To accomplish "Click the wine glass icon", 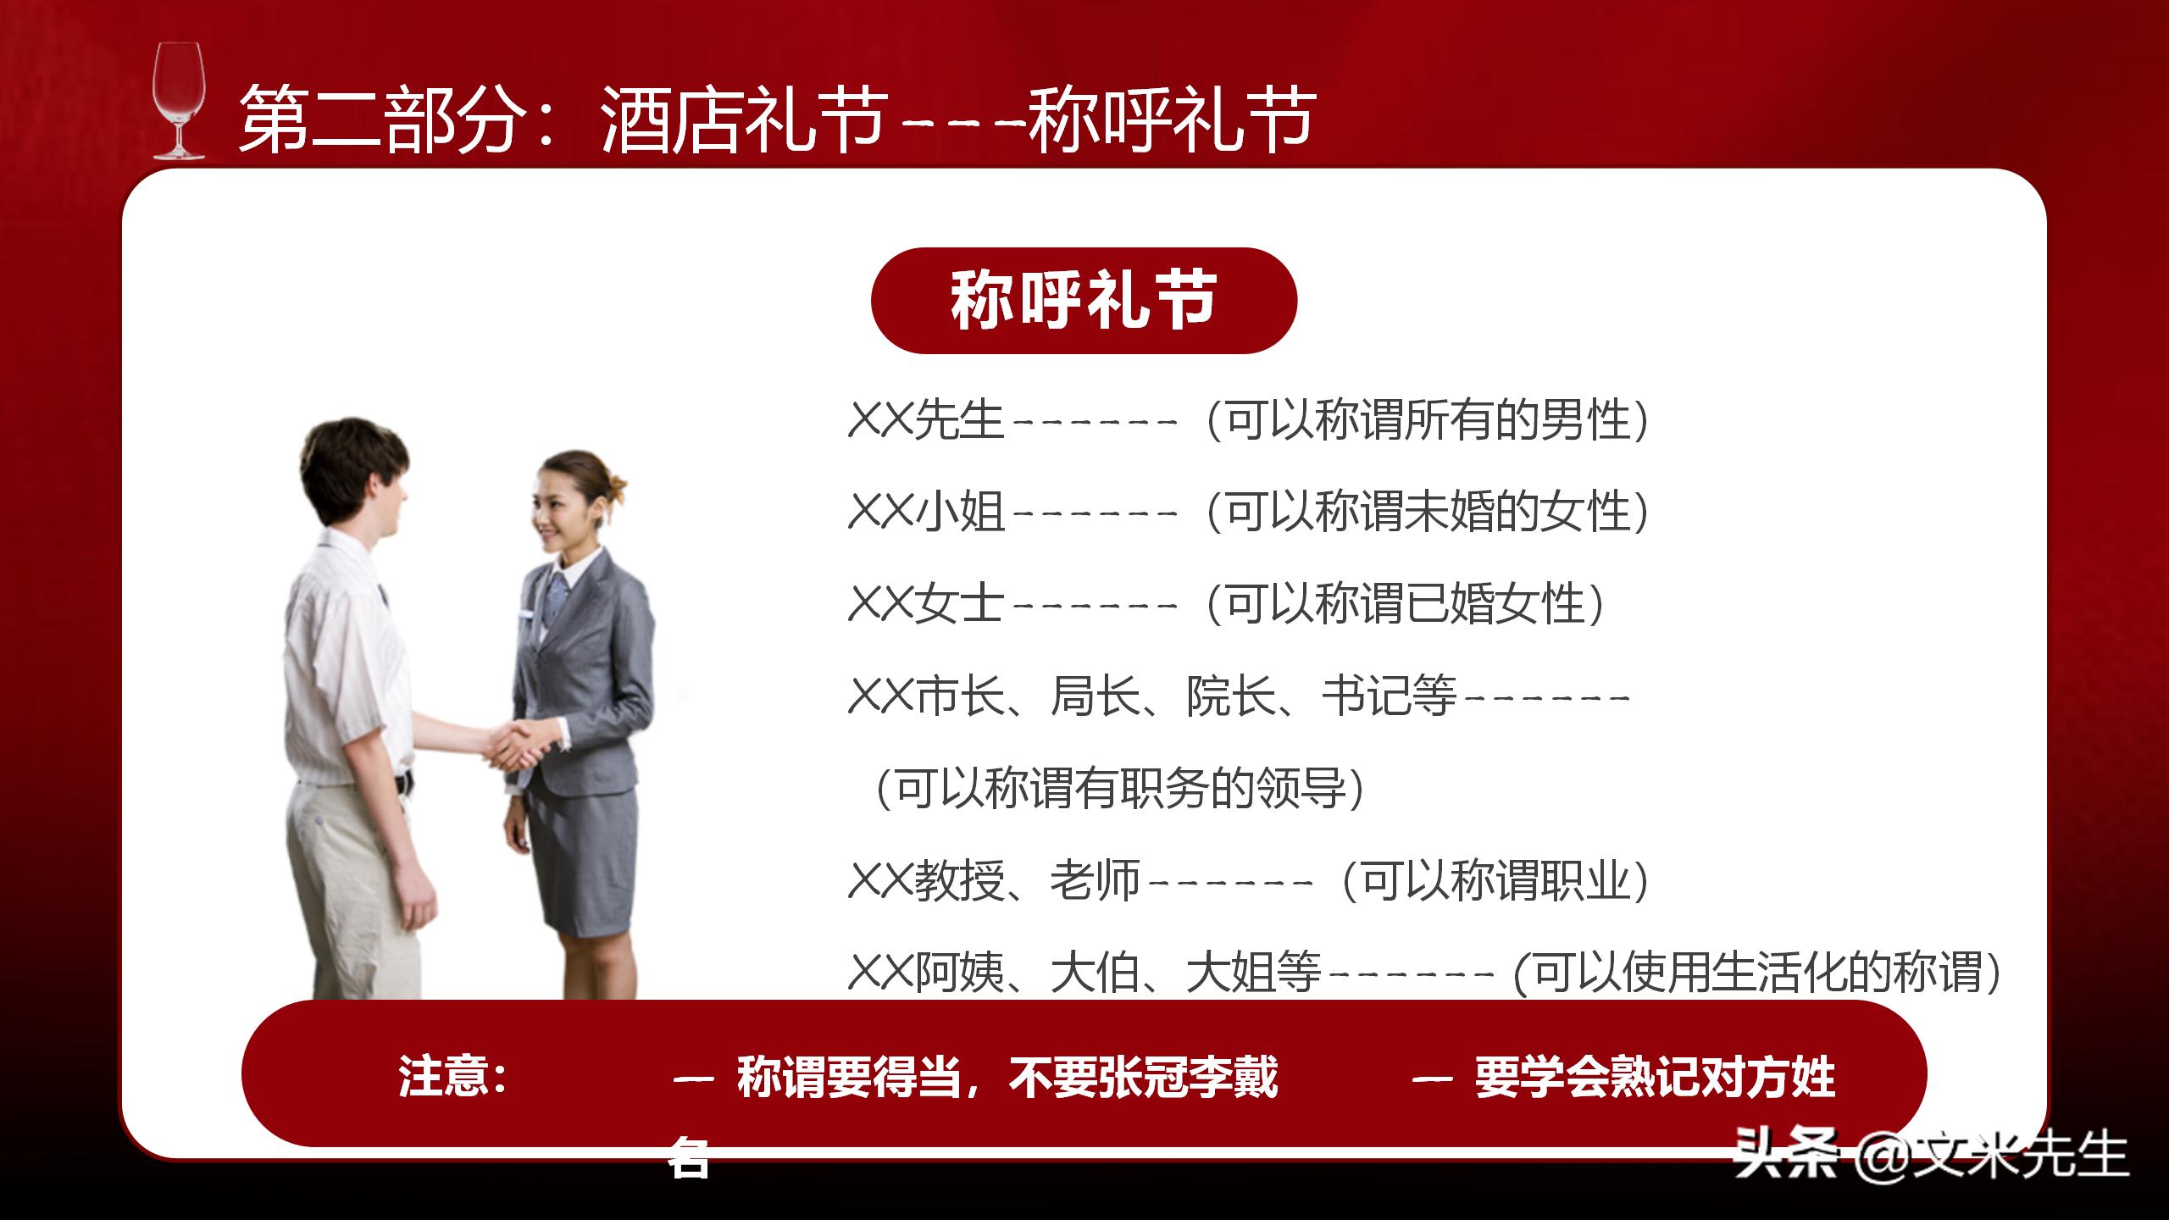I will pos(179,102).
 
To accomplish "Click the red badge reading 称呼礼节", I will pos(1084,301).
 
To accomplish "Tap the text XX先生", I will pos(925,420).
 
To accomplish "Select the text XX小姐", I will pos(926,512).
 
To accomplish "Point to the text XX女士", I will pos(925,604).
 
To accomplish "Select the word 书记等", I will pos(1388,696).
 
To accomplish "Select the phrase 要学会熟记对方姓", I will pos(1655,1077).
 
